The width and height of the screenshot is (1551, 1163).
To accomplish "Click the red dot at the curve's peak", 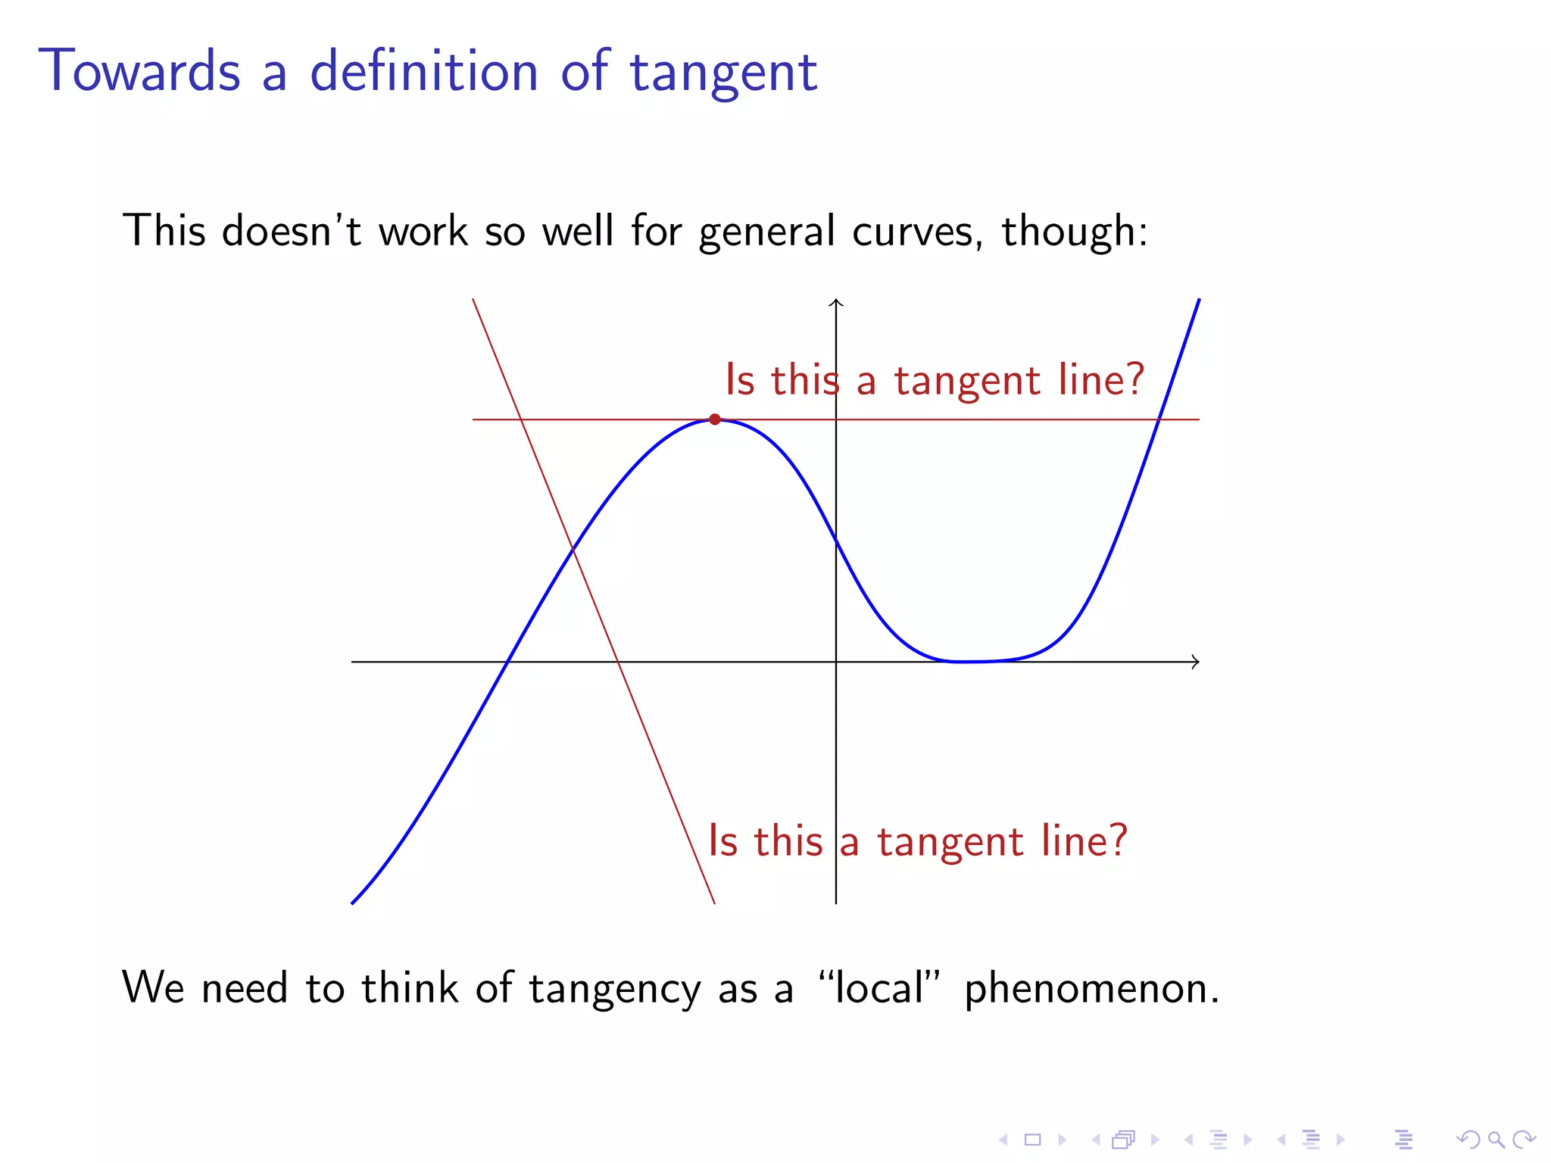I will coord(715,419).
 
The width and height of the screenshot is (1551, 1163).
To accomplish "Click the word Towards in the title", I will coord(139,71).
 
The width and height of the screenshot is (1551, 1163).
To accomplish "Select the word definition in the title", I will coord(424,71).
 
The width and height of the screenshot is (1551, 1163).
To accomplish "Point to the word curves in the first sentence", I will coord(911,231).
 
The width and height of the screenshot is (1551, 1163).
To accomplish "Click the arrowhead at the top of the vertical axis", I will coord(836,303).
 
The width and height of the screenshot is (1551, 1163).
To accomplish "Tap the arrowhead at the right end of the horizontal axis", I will coord(1195,662).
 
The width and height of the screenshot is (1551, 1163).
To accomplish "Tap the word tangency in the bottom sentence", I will coord(615,989).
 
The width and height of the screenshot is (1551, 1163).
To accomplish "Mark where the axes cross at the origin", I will coord(836,662).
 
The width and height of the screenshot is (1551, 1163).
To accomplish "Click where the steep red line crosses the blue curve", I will coord(573,548).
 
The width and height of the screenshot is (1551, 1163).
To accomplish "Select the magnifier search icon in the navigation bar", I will coord(1496,1139).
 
